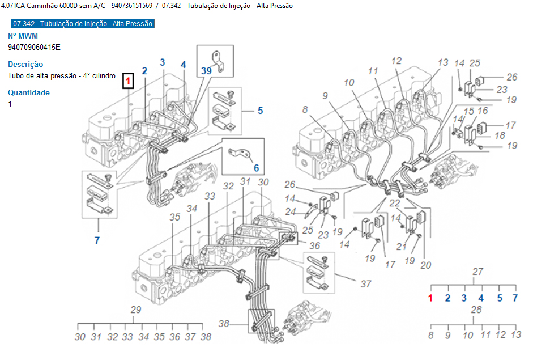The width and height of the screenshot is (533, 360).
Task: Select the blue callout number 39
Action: [x=206, y=70]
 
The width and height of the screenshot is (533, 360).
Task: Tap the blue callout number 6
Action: [x=256, y=168]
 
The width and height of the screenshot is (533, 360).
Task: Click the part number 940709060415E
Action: [x=34, y=47]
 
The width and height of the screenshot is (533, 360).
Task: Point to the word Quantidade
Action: [x=29, y=92]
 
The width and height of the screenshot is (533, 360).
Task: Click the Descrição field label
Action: [x=25, y=64]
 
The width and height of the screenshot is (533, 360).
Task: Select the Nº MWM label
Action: [x=23, y=36]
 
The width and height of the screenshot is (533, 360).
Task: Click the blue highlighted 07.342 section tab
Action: [x=83, y=23]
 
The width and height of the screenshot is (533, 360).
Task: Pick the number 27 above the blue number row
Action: [x=477, y=271]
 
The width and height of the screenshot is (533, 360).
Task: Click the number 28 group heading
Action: [x=476, y=310]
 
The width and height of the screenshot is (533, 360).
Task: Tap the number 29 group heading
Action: [x=135, y=310]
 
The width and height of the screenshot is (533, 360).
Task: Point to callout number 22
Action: [x=394, y=203]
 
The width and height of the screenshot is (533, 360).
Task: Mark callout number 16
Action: [x=483, y=111]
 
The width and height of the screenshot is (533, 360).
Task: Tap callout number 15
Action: [x=468, y=111]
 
